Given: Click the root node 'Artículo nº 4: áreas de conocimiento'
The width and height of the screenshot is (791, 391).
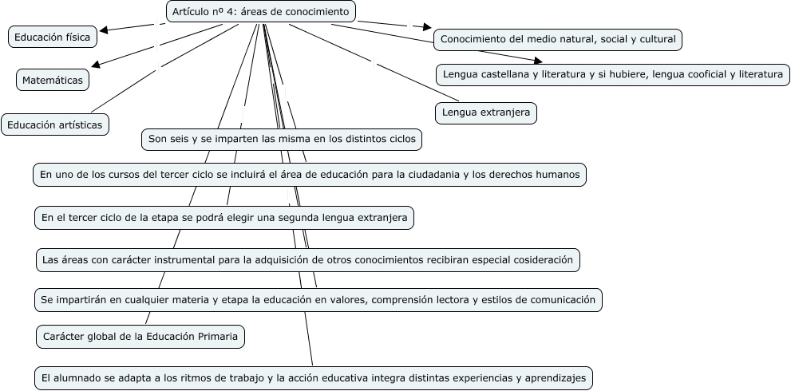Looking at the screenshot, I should click(261, 11).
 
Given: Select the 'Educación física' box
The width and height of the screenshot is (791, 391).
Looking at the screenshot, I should click(53, 36).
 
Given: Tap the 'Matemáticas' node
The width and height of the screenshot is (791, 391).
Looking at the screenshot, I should click(53, 80).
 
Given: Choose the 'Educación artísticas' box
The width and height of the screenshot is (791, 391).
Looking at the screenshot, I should click(54, 124).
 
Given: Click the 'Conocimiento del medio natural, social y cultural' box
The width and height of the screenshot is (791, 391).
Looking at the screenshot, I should click(558, 38).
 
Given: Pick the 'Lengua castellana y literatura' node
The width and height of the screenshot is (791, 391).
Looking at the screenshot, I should click(613, 74).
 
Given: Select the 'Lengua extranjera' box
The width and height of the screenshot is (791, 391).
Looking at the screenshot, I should click(486, 113).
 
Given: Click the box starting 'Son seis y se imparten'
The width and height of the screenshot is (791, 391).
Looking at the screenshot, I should click(282, 139).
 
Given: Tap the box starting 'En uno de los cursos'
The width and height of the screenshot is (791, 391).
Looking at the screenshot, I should click(310, 174).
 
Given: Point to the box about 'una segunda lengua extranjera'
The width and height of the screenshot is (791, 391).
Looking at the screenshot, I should click(224, 217).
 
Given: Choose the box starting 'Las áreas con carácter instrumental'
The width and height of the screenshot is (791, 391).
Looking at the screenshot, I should click(307, 259).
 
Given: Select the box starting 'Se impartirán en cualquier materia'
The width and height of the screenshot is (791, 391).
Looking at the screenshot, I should click(318, 300).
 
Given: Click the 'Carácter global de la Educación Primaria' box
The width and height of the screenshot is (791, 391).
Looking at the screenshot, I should click(140, 337).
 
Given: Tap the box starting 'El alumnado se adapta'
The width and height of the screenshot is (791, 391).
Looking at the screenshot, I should click(314, 377).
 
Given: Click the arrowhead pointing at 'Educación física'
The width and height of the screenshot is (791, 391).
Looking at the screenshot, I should click(104, 30).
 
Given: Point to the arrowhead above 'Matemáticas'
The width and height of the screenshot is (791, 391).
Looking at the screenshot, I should click(96, 65).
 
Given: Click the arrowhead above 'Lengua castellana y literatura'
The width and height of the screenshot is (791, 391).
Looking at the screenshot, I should click(537, 60).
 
